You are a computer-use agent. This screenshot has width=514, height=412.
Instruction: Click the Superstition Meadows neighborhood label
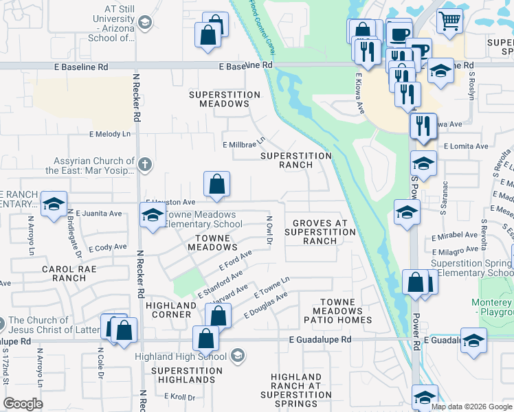[x=224, y=99]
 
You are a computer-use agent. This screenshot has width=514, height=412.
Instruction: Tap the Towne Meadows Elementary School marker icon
[x=153, y=216]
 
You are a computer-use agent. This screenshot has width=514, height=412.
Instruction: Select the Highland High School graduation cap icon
[x=237, y=355]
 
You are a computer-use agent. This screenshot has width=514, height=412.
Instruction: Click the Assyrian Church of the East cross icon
[x=144, y=164]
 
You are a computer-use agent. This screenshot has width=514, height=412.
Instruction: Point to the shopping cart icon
[x=450, y=21]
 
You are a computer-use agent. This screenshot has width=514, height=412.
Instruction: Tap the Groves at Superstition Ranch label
[x=320, y=232]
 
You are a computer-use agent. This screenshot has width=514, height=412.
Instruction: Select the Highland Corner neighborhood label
[x=168, y=310]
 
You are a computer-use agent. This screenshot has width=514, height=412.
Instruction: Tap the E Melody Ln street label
[x=109, y=134]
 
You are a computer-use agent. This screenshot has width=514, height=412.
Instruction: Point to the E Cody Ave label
[x=107, y=247]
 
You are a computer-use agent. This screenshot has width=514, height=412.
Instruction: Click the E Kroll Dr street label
[x=180, y=397]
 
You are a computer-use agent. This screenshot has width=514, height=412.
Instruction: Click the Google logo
[x=23, y=404]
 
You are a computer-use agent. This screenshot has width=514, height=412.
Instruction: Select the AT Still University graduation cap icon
[x=144, y=23]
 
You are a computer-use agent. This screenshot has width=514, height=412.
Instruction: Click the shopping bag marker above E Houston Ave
[x=216, y=184]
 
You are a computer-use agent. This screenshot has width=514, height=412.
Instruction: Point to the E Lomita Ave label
[x=465, y=146]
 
